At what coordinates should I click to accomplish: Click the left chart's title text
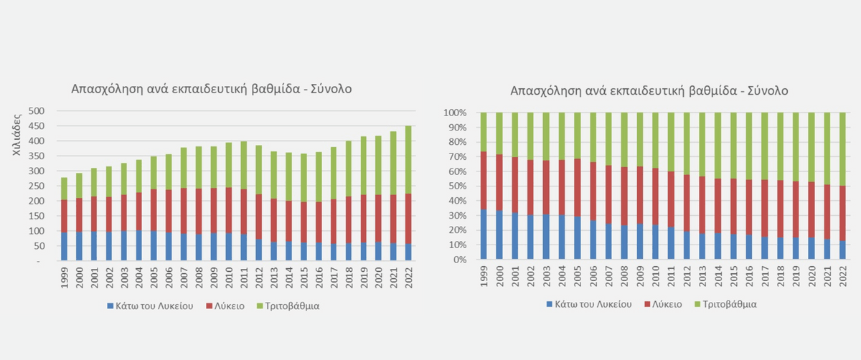click(211, 89)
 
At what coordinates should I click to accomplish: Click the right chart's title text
click(649, 91)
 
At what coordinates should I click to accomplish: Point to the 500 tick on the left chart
click(37, 111)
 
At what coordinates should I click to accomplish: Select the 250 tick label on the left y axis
click(37, 186)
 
